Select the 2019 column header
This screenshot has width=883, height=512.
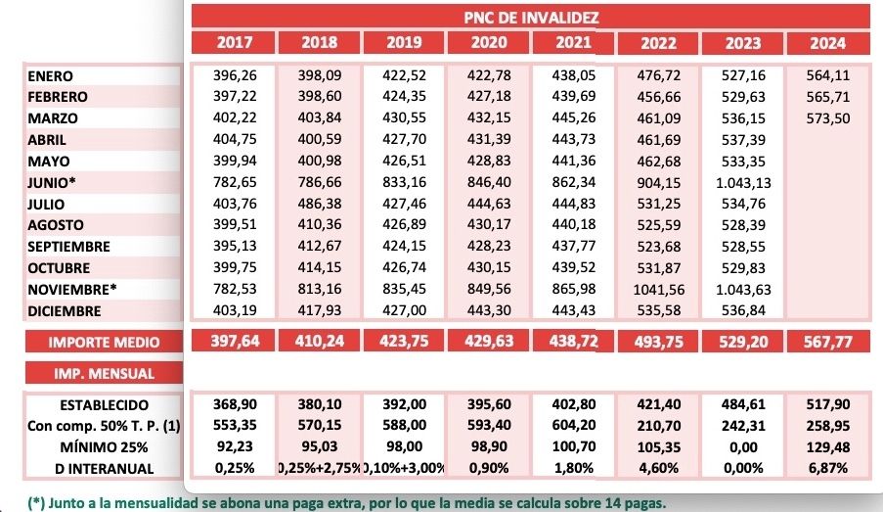click(404, 43)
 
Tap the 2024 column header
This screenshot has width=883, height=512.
click(827, 44)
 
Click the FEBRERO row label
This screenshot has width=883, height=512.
click(58, 97)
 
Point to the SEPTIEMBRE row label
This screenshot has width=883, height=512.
click(69, 247)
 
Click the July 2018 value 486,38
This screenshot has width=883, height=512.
click(319, 205)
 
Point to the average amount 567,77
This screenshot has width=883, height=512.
click(827, 342)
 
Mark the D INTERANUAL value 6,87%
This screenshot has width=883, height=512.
click(827, 469)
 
